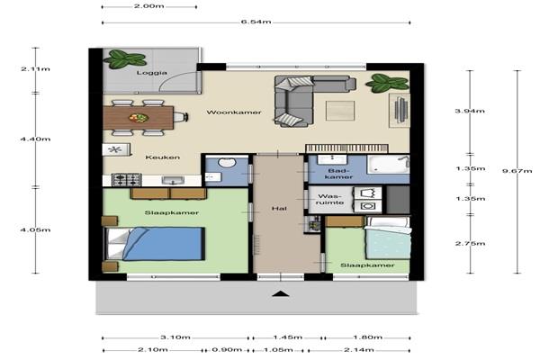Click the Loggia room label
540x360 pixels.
pyautogui.click(x=152, y=73)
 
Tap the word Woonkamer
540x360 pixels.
pyautogui.click(x=234, y=112)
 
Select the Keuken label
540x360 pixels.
pyautogui.click(x=163, y=157)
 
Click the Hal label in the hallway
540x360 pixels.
pyautogui.click(x=279, y=209)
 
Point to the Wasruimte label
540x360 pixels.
pyautogui.click(x=330, y=200)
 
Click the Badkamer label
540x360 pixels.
pyautogui.click(x=339, y=174)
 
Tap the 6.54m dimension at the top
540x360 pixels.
pyautogui.click(x=256, y=22)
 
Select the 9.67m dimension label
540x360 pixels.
pyautogui.click(x=517, y=171)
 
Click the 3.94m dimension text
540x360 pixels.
pyautogui.click(x=470, y=111)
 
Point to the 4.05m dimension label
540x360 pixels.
pyautogui.click(x=35, y=229)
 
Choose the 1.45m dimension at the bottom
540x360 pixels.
pyautogui.click(x=288, y=337)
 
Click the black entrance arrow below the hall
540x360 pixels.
pyautogui.click(x=281, y=294)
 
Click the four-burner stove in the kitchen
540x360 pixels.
pyautogui.click(x=126, y=180)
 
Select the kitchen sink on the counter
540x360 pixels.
pyautogui.click(x=173, y=181)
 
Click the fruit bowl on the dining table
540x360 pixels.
pyautogui.click(x=139, y=118)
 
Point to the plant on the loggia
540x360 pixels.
pyautogui.click(x=125, y=58)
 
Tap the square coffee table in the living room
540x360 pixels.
pyautogui.click(x=340, y=110)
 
